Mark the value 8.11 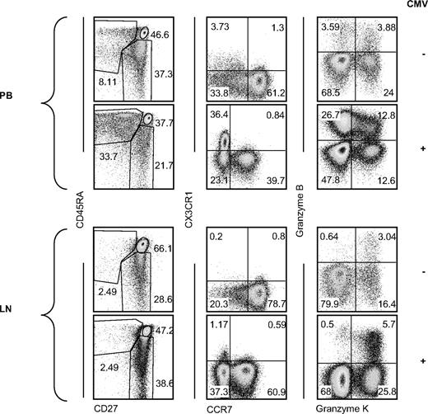coord(107,82)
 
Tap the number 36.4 coord(219,115)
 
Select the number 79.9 coord(333,303)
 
